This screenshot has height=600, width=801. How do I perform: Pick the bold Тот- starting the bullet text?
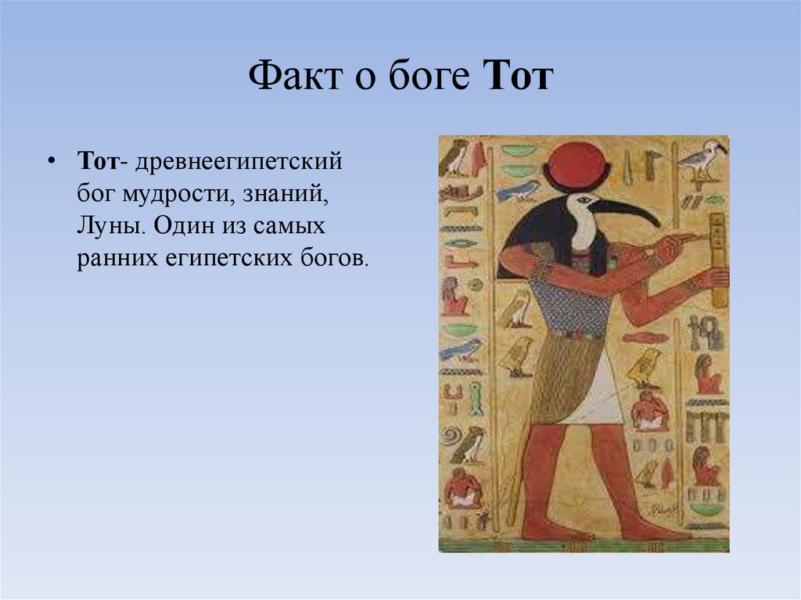click(102, 161)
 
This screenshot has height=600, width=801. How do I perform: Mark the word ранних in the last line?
click(113, 259)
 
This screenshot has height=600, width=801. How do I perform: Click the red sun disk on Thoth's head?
click(577, 167)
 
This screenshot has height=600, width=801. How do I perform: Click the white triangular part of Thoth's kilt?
click(602, 395)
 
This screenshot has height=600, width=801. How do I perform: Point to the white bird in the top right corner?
click(702, 158)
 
